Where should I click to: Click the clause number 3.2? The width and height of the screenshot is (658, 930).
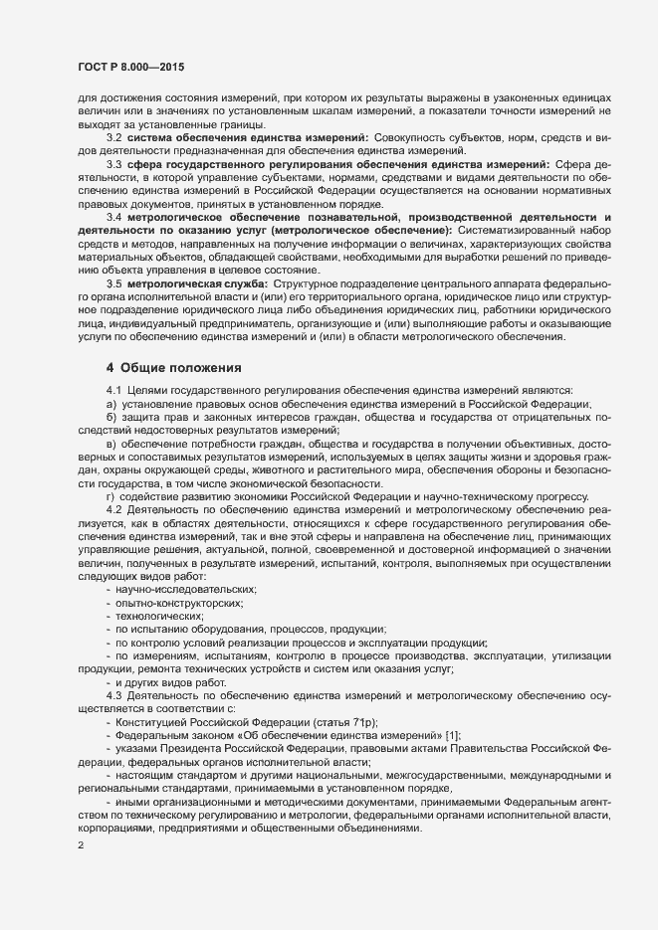click(113, 135)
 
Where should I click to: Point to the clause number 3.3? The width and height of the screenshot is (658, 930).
click(113, 162)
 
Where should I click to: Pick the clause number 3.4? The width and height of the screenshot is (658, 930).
click(113, 217)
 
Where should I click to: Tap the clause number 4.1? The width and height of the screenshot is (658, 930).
click(113, 389)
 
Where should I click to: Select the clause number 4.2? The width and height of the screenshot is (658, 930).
click(113, 508)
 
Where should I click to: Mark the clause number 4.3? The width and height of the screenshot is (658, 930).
click(113, 693)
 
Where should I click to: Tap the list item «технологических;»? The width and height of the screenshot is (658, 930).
click(158, 617)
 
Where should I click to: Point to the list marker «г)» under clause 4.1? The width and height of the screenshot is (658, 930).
click(110, 495)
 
